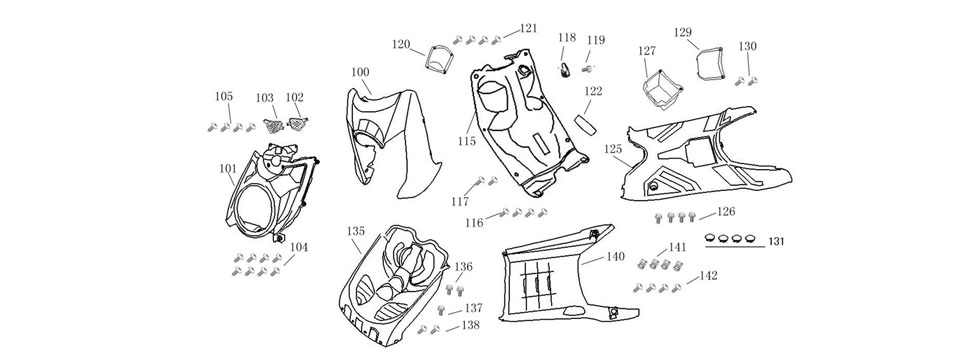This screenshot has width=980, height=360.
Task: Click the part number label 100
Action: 360,72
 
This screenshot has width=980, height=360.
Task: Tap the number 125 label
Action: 613,148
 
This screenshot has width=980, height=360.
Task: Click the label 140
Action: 616,256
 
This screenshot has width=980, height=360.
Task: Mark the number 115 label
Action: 467,142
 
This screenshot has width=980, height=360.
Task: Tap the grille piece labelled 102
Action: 296,124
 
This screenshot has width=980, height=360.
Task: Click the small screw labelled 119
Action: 588,69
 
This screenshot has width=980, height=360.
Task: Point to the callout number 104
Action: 299,246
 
